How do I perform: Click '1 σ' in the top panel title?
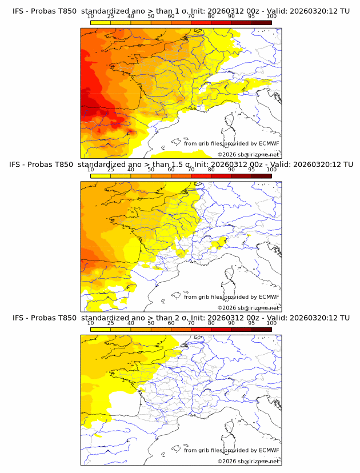coord(181,11)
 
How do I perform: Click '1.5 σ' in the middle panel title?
coord(183,165)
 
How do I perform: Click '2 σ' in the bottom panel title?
coord(181,318)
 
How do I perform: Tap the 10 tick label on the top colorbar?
coord(91,17)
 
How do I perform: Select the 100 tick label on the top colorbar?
coord(271,17)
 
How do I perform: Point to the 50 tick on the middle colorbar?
coord(151,170)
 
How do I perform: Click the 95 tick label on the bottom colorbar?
coord(251,323)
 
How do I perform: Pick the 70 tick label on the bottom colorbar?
coord(191,323)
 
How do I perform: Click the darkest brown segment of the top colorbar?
coord(261,22)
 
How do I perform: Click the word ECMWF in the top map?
coord(269,144)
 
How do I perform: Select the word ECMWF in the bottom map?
coord(269,450)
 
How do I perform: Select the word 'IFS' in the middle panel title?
coord(18,165)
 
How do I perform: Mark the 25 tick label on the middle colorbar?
coord(111,170)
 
